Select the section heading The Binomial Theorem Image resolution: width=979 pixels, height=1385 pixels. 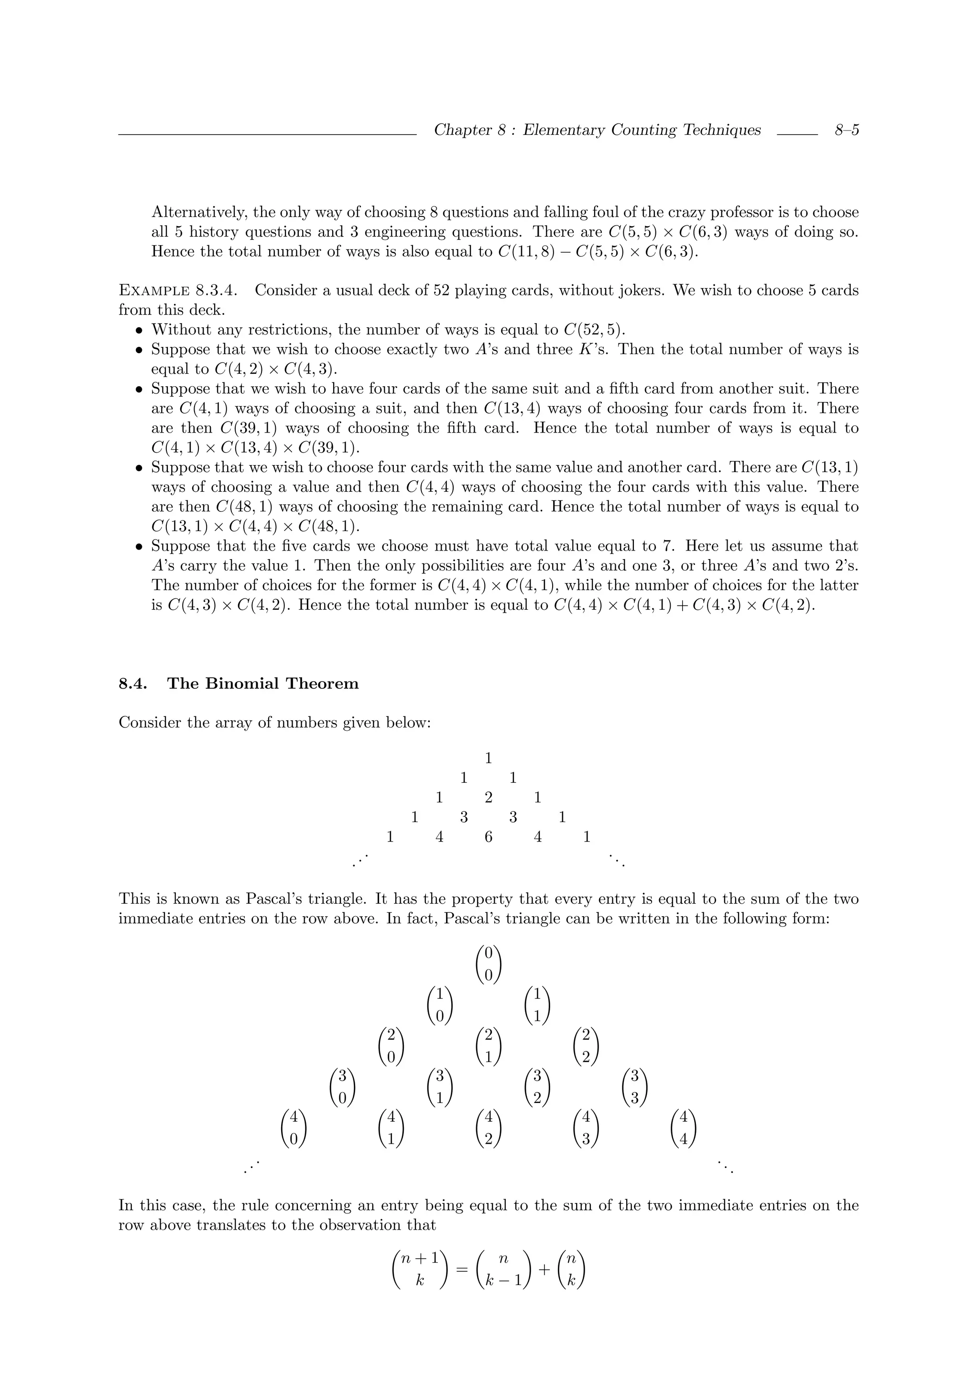click(262, 683)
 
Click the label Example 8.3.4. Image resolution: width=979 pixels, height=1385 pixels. click(177, 290)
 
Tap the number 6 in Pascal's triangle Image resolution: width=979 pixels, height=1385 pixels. click(489, 837)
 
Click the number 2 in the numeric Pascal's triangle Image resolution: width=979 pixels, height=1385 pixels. click(489, 798)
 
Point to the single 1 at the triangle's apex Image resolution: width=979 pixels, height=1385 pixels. click(489, 757)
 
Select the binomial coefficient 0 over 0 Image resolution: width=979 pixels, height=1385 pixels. click(489, 964)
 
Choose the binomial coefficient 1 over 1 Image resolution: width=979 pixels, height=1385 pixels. click(537, 1005)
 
